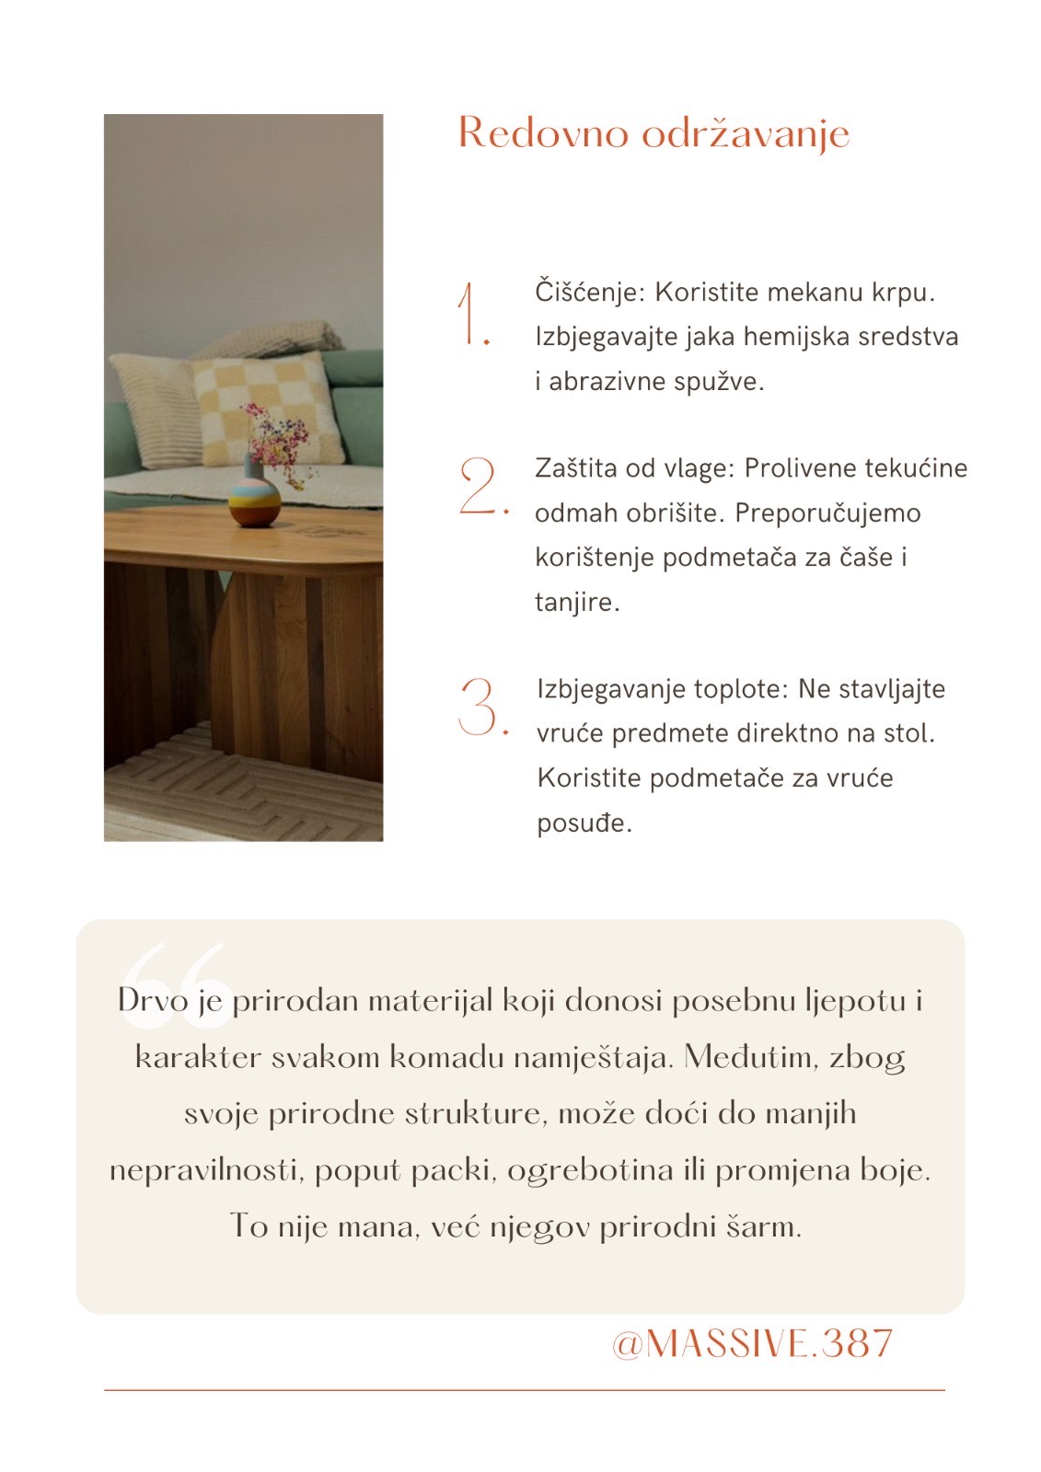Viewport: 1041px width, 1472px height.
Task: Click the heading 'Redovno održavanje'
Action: point(654,134)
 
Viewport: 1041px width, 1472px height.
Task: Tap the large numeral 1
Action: point(471,316)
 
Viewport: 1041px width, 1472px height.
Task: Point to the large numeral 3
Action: point(480,707)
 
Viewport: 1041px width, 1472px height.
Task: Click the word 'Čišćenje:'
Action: point(591,293)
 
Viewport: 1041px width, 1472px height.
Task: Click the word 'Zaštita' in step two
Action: point(576,468)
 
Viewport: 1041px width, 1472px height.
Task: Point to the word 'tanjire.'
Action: point(577,602)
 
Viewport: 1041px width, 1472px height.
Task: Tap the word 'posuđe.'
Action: point(584,822)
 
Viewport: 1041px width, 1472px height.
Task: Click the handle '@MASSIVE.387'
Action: point(752,1344)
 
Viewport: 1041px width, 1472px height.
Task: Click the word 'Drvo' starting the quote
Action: point(153,1000)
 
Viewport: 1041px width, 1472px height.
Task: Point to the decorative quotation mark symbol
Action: point(175,975)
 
